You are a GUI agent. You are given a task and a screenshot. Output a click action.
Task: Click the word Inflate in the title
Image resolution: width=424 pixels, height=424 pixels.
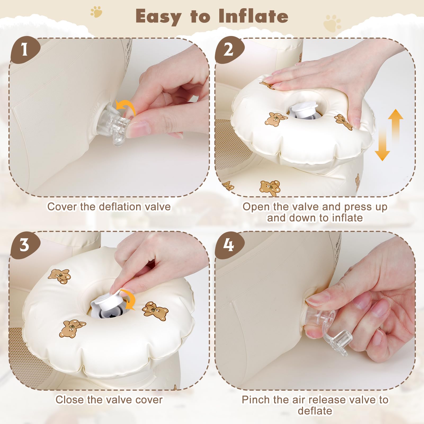coord(253,16)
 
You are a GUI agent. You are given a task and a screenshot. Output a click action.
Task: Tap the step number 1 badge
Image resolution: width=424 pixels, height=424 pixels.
coord(25,50)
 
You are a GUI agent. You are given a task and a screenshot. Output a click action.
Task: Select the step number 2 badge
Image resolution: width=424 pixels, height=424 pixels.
coord(229,50)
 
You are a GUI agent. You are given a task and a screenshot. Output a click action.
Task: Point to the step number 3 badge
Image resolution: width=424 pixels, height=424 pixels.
coord(25,245)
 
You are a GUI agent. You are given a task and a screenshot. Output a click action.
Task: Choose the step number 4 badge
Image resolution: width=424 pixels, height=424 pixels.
coord(229,245)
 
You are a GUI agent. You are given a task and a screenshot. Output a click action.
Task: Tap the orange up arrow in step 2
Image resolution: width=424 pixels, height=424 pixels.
coord(396,124)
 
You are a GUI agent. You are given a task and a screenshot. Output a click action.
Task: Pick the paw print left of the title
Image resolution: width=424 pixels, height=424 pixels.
coord(96,12)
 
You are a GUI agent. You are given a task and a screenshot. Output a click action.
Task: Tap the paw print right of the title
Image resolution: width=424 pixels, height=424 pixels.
coord(332,23)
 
